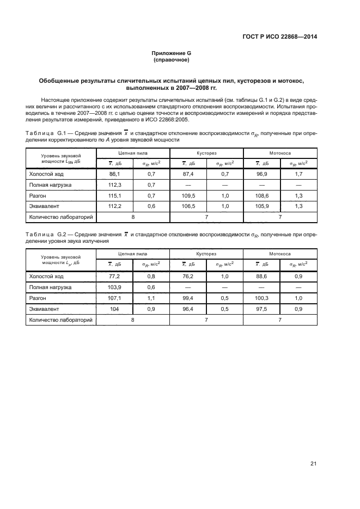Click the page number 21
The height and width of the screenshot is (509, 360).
(x=313, y=463)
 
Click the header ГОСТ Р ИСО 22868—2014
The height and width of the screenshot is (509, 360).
(x=279, y=37)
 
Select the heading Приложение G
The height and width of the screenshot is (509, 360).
(x=171, y=53)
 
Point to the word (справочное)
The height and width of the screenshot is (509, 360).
(x=171, y=60)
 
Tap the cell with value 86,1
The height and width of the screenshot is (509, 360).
(x=114, y=174)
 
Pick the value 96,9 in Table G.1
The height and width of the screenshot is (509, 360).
(x=262, y=174)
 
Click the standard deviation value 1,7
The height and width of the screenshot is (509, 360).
(x=298, y=174)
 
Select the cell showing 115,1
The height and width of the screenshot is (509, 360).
(x=114, y=195)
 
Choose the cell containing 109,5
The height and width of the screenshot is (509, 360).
(x=188, y=195)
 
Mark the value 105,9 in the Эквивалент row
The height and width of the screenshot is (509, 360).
(x=262, y=206)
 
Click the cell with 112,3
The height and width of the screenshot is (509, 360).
(x=114, y=185)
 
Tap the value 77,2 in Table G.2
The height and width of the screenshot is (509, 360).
(x=114, y=277)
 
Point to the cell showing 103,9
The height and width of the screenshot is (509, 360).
(x=114, y=287)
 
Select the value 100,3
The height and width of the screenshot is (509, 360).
(x=262, y=298)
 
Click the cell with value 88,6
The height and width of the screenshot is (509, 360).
(x=262, y=277)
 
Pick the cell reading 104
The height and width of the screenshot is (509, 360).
(x=114, y=309)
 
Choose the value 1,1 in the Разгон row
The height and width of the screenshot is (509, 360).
(x=151, y=298)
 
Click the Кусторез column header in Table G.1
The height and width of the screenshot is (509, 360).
(x=206, y=154)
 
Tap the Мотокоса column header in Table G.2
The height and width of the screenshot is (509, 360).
(x=280, y=254)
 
